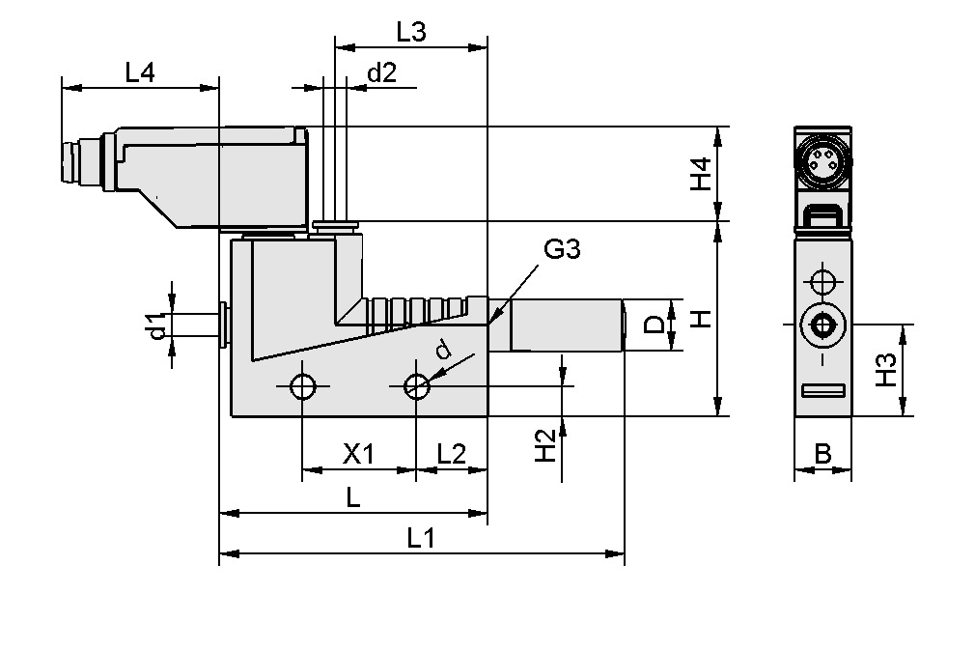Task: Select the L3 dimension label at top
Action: click(x=411, y=32)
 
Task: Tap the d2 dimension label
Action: click(x=382, y=72)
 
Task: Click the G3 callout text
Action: click(x=562, y=250)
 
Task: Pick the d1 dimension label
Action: click(x=156, y=325)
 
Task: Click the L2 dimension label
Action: click(x=451, y=454)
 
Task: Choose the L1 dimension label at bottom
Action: click(x=421, y=538)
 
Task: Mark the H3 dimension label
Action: click(x=886, y=371)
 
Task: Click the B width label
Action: click(x=822, y=454)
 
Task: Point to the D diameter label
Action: click(x=654, y=325)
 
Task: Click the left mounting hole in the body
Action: click(x=303, y=386)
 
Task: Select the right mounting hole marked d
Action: click(x=416, y=386)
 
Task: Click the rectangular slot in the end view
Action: click(x=822, y=390)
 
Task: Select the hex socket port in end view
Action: click(x=822, y=325)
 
